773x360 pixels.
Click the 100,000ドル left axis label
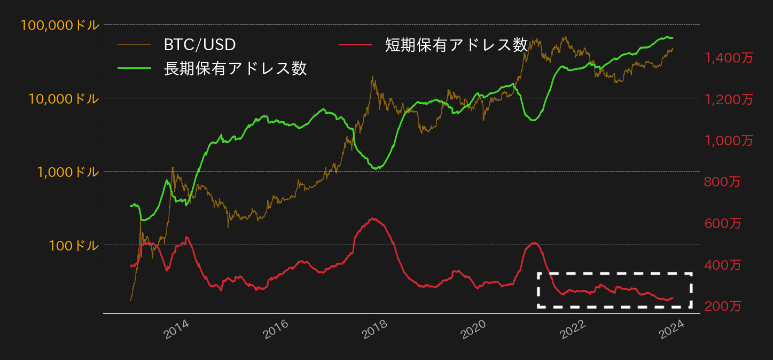[x=60, y=25]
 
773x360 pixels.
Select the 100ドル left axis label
[x=74, y=246]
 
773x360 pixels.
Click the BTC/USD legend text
[x=199, y=45]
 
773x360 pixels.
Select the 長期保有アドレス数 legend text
[x=235, y=68]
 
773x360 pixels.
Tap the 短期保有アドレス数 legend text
[x=456, y=45]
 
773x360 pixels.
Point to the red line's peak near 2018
[x=373, y=218]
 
